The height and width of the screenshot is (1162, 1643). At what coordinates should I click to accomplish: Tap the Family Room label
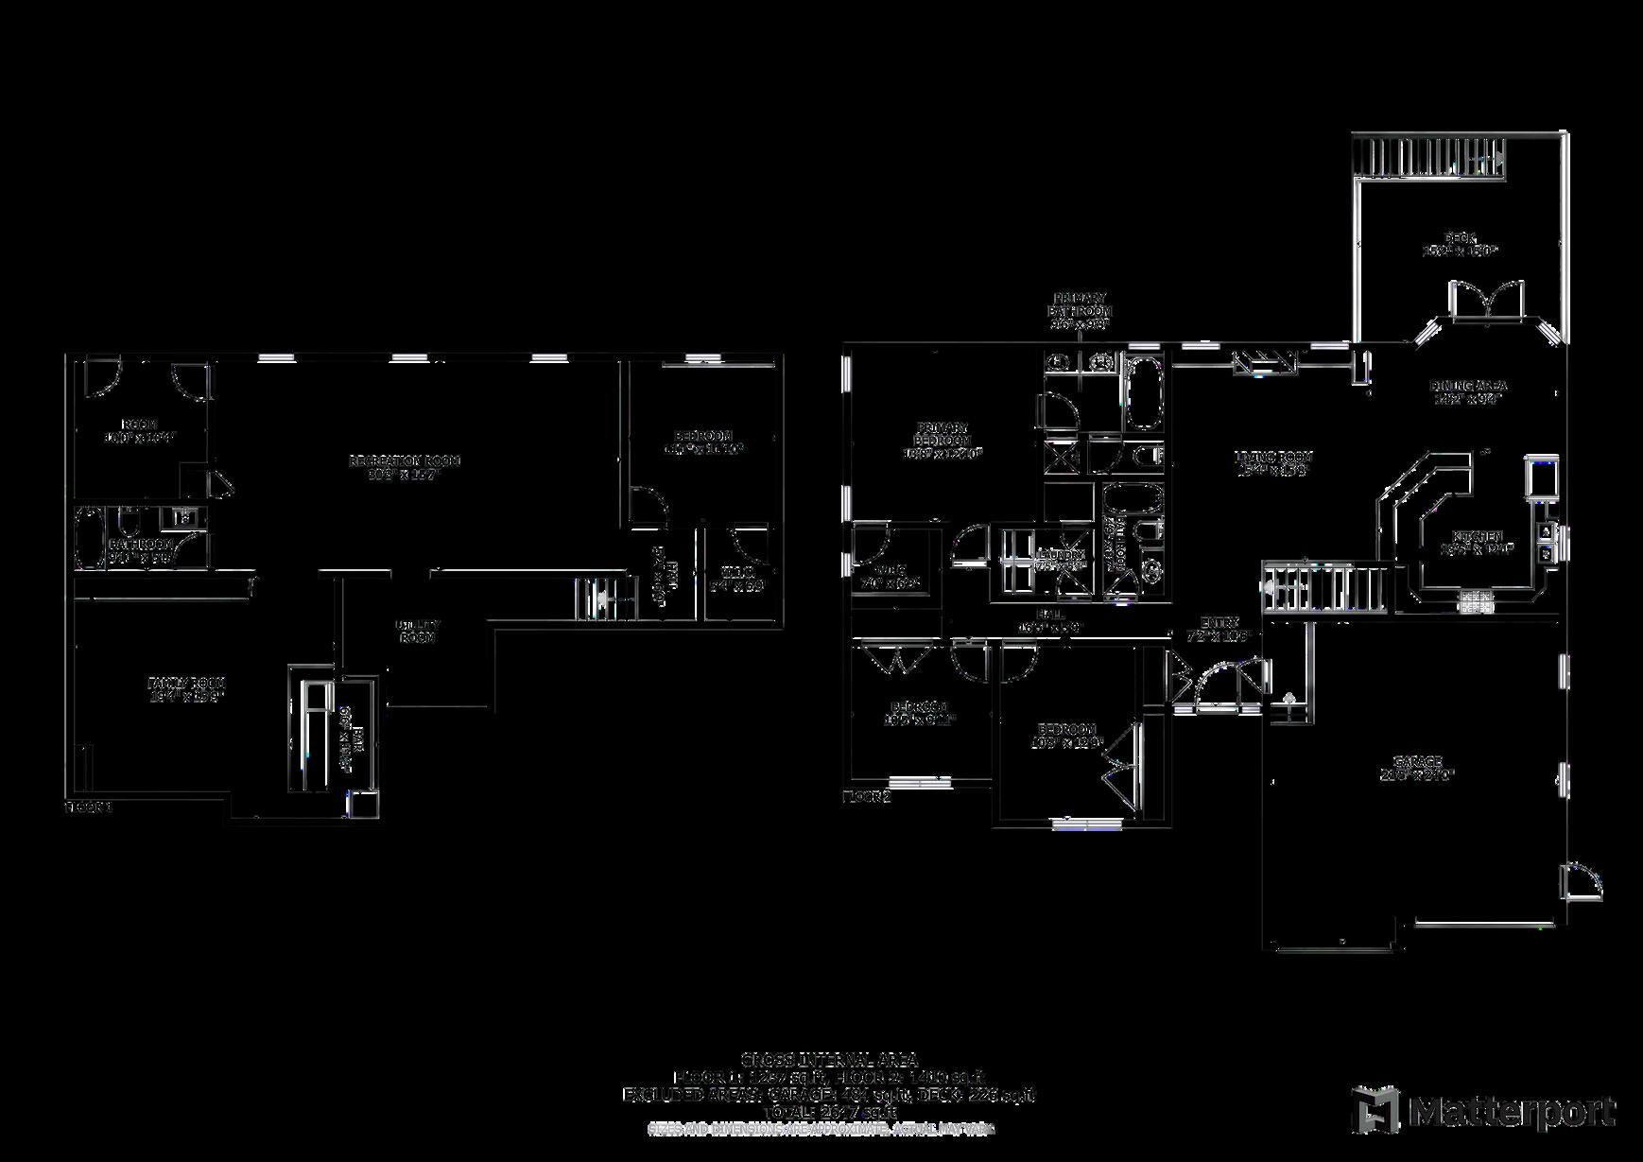186,683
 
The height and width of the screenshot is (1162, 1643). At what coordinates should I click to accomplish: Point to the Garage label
1417,761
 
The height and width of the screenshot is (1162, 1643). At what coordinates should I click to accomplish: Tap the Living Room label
1274,457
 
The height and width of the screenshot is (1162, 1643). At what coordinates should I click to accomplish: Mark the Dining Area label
1467,386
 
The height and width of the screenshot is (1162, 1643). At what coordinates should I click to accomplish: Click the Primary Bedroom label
942,434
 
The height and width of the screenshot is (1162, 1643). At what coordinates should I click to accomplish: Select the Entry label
1219,622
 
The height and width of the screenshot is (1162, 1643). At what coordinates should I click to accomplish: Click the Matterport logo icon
1375,1109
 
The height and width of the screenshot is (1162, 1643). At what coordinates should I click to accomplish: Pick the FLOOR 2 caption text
866,797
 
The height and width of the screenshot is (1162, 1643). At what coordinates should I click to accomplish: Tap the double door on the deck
1487,303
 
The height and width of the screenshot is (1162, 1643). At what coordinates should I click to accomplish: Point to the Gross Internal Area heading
828,1060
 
